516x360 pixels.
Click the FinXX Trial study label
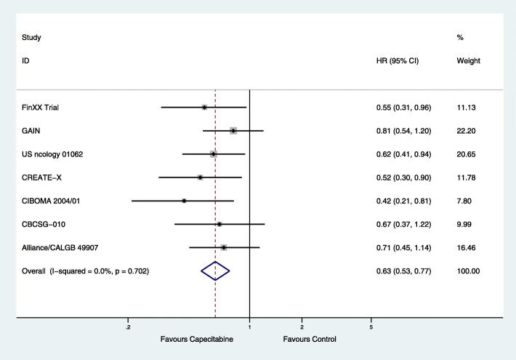click(40, 108)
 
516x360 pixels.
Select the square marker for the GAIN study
click(233, 131)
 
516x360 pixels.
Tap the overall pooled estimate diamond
click(215, 271)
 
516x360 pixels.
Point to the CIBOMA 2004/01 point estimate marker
click(184, 201)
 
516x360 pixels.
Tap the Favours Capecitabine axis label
click(197, 339)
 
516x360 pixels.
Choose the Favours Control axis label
click(310, 339)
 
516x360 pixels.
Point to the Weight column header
click(468, 60)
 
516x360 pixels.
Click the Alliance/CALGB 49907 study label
click(60, 247)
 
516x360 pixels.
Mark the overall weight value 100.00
click(468, 271)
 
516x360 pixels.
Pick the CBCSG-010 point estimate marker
click(219, 224)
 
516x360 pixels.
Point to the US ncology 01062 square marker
click(213, 154)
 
